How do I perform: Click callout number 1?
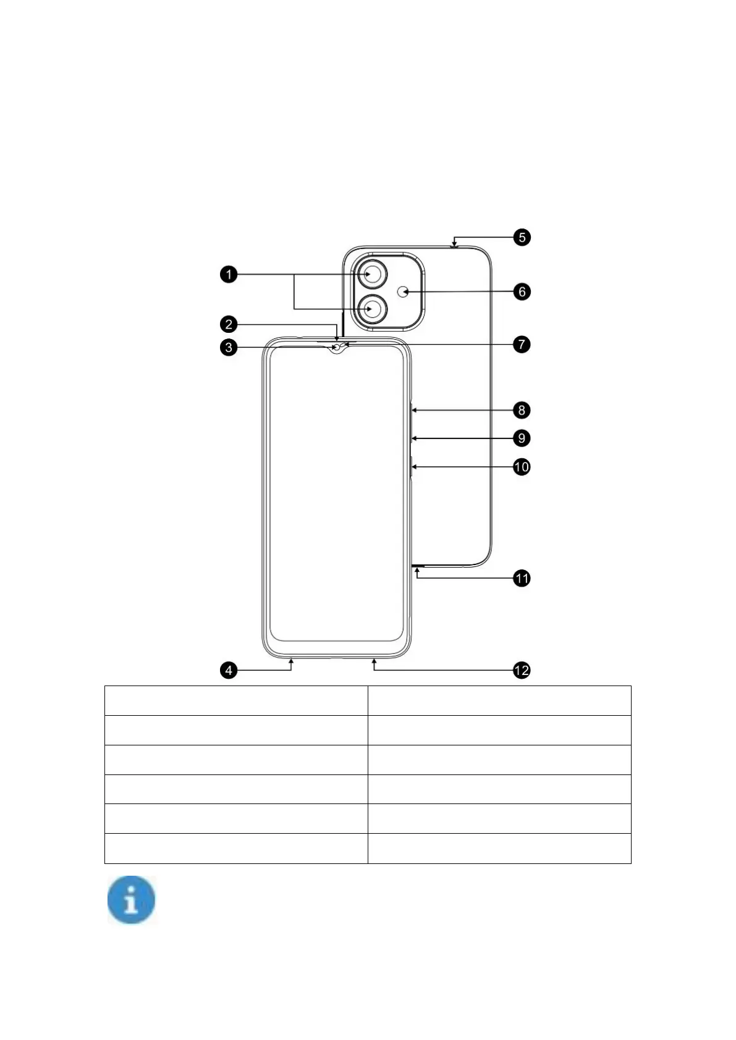point(229,274)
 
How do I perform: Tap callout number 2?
point(229,324)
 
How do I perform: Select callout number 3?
point(229,347)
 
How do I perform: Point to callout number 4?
point(229,670)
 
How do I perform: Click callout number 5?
point(522,237)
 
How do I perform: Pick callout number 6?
point(522,291)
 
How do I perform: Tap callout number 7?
point(522,344)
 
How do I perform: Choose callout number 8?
point(522,409)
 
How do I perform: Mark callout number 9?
point(522,438)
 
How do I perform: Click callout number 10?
point(522,466)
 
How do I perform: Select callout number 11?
point(522,579)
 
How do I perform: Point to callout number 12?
point(522,670)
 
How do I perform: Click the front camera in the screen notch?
point(337,348)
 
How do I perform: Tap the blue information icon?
point(131,900)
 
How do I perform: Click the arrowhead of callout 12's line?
point(374,661)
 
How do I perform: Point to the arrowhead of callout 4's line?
point(291,661)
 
